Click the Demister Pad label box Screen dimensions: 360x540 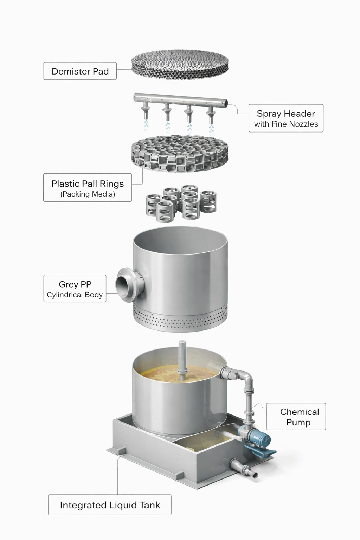80,71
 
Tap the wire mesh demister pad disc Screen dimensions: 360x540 180,65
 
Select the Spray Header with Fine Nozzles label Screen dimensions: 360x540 286,118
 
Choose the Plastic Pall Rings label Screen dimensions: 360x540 88,187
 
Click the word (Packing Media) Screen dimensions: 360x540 88,194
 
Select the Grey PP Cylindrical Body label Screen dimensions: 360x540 75,289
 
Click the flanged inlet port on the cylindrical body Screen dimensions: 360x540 129,285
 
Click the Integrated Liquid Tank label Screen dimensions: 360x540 110,505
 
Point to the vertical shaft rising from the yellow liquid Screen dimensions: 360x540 182,361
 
